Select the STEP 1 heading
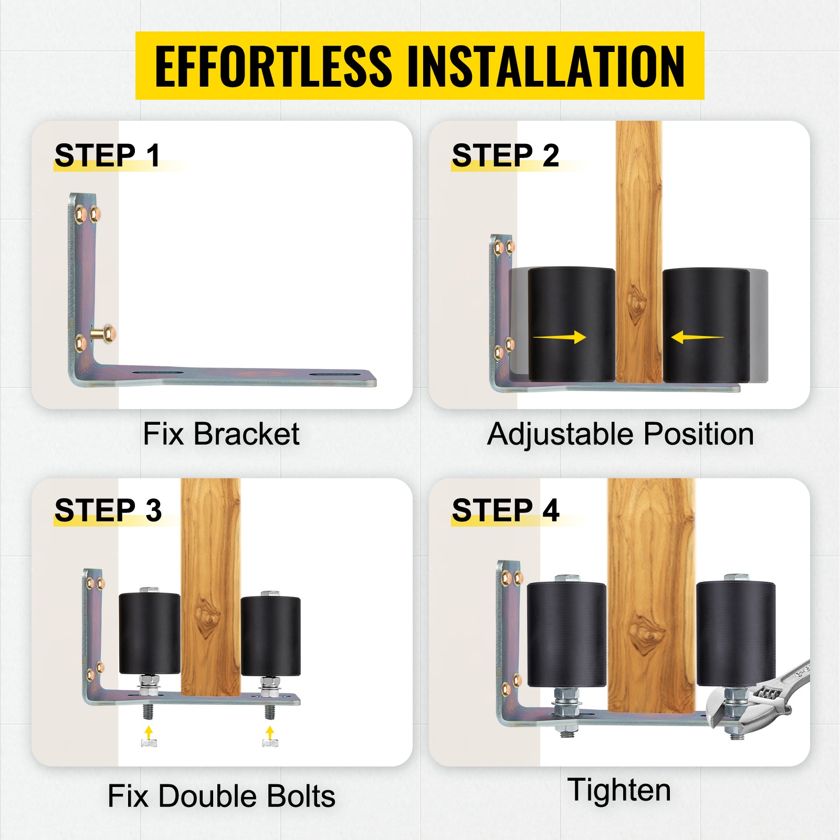[x=107, y=155]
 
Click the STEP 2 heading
[x=506, y=155]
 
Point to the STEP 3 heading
[x=108, y=510]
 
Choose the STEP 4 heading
[x=506, y=510]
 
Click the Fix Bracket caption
[x=221, y=434]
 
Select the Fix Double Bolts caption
[x=222, y=796]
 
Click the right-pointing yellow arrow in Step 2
[x=560, y=337]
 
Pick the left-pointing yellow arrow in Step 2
[x=697, y=337]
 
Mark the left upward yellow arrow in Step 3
[x=149, y=732]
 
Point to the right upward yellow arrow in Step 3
[x=270, y=732]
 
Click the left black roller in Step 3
[x=150, y=634]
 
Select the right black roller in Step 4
[x=736, y=634]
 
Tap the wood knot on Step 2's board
[x=637, y=303]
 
